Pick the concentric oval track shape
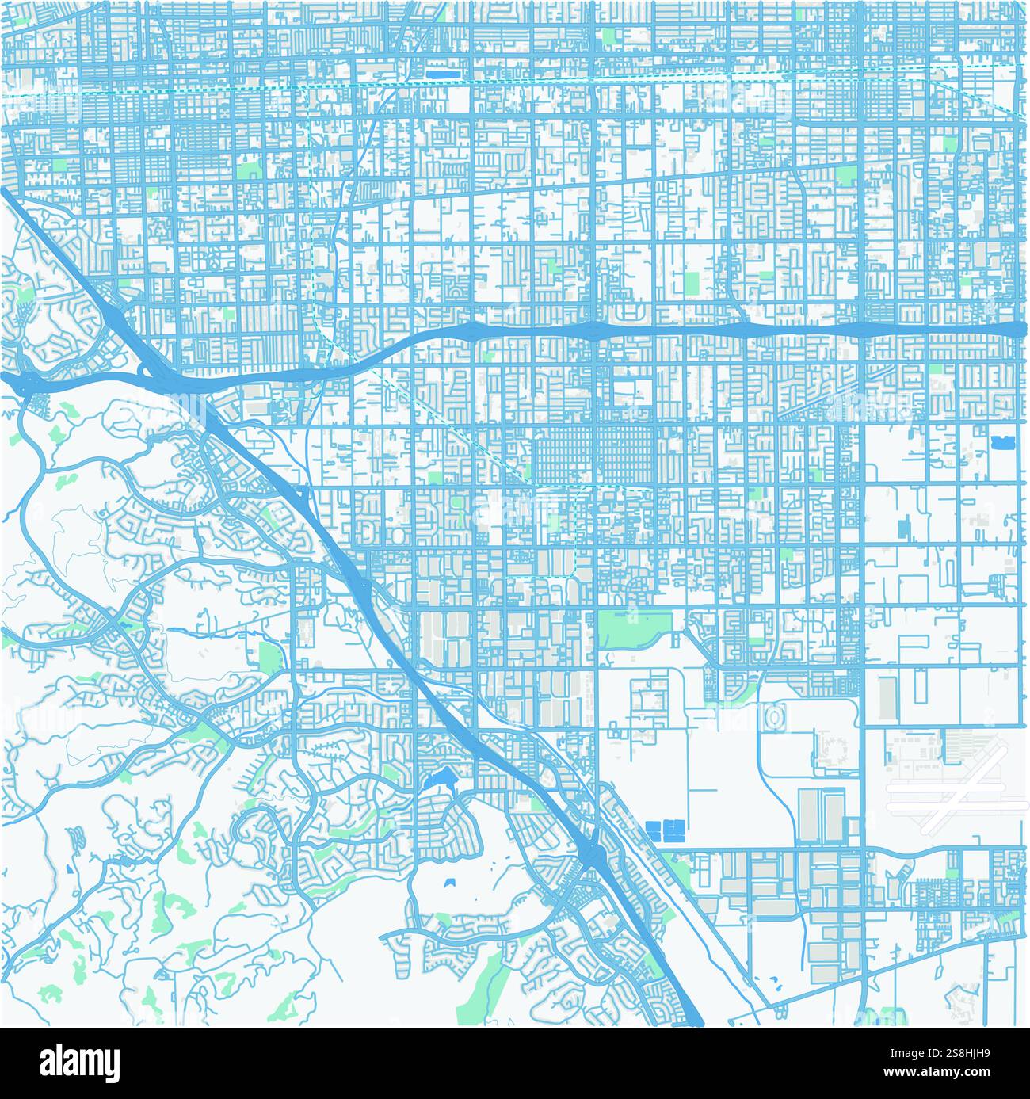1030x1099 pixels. click(772, 717)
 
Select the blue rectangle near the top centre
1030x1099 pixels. click(437, 73)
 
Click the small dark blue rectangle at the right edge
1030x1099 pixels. click(998, 441)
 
